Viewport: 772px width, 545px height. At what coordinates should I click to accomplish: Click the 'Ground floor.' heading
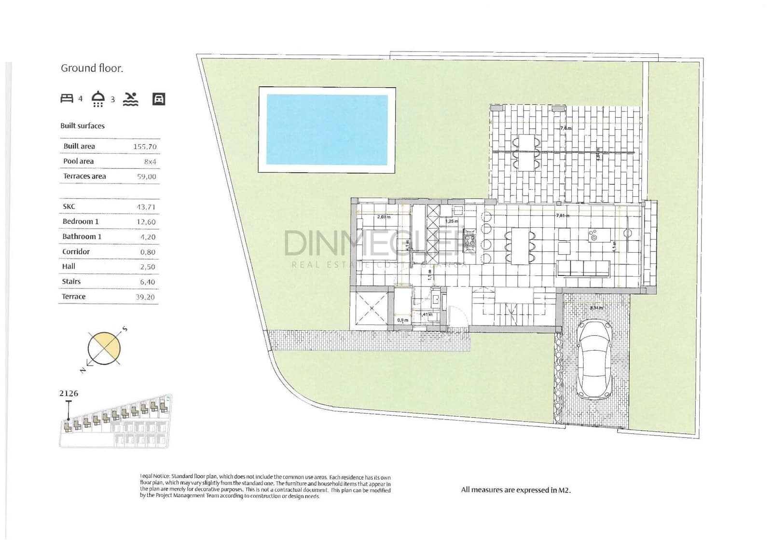click(92, 68)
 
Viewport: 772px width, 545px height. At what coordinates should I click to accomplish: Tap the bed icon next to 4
click(67, 98)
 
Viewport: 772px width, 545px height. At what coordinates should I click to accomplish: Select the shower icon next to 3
click(98, 98)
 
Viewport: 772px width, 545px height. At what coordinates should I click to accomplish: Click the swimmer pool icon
click(130, 99)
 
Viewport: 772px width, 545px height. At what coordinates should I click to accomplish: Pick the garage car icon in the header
click(159, 99)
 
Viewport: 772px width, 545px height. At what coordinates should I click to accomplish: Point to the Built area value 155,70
click(145, 147)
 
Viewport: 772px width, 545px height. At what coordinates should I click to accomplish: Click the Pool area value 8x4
click(150, 162)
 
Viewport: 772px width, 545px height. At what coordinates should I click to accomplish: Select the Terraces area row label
click(84, 176)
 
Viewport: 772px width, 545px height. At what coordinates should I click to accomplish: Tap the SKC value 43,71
click(146, 207)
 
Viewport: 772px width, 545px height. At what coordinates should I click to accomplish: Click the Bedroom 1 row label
click(81, 221)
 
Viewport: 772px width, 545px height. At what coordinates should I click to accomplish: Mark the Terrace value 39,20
click(145, 297)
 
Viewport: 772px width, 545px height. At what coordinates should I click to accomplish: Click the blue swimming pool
click(327, 129)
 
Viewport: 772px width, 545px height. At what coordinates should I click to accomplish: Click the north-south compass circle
click(104, 348)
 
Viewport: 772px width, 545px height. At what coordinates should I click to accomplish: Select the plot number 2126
click(69, 393)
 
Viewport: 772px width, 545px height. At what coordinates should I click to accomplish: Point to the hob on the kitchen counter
click(469, 240)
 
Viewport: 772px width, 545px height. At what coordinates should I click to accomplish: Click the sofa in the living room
click(583, 269)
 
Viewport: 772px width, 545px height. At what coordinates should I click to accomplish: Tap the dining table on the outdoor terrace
click(526, 152)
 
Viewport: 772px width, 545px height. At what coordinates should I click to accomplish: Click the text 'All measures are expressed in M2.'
click(515, 490)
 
